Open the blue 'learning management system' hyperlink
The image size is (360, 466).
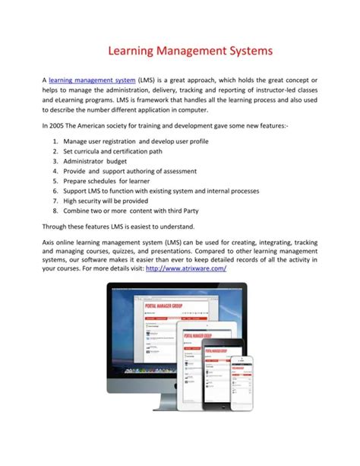click(92, 80)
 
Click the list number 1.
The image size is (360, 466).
click(55, 141)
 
